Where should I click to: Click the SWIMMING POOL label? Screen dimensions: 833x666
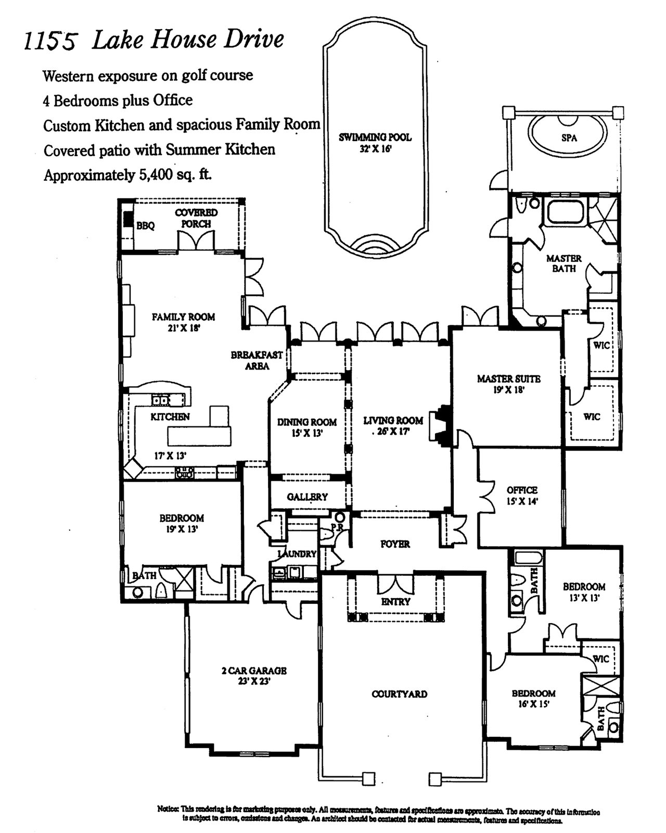pyautogui.click(x=375, y=142)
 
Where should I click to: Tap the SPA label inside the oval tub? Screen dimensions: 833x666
pyautogui.click(x=569, y=138)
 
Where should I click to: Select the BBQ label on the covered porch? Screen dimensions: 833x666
pyautogui.click(x=145, y=226)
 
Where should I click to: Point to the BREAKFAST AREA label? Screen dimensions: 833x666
pyautogui.click(x=257, y=360)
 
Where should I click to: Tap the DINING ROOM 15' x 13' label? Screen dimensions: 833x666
pyautogui.click(x=306, y=426)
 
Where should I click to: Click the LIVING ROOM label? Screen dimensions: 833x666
pyautogui.click(x=393, y=425)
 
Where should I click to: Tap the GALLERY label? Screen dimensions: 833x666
pyautogui.click(x=307, y=497)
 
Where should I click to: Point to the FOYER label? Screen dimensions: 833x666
pyautogui.click(x=395, y=544)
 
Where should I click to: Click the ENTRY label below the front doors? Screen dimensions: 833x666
pyautogui.click(x=395, y=601)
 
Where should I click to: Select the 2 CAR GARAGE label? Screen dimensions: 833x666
pyautogui.click(x=254, y=675)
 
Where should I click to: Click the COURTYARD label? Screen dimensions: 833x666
pyautogui.click(x=399, y=694)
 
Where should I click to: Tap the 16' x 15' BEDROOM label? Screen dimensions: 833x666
pyautogui.click(x=533, y=698)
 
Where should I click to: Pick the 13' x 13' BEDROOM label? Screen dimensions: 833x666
pyautogui.click(x=584, y=592)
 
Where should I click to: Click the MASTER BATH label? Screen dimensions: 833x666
pyautogui.click(x=563, y=263)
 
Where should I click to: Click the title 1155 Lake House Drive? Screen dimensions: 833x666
pyautogui.click(x=154, y=41)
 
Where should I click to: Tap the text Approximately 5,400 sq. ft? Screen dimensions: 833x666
pyautogui.click(x=127, y=175)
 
